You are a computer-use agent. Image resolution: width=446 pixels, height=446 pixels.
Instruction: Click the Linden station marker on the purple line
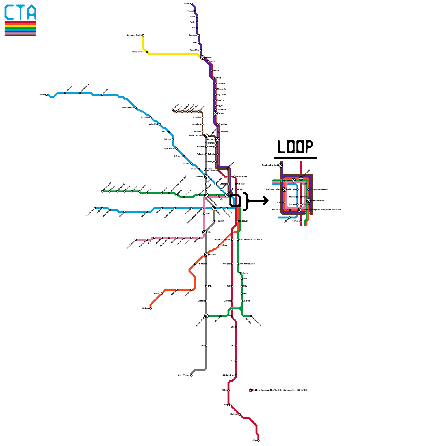tap(191, 4)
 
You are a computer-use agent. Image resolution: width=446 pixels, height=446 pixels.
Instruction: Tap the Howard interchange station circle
tap(202, 57)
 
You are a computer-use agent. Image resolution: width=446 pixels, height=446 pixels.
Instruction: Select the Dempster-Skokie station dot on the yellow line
tap(143, 35)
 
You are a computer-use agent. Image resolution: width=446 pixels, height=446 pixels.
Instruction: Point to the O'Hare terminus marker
tap(47, 95)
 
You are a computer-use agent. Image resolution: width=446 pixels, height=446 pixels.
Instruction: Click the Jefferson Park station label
tap(128, 108)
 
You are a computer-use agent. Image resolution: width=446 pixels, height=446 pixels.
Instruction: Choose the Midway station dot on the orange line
tap(151, 308)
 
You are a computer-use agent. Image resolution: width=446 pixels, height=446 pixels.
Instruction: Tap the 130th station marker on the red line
tap(258, 440)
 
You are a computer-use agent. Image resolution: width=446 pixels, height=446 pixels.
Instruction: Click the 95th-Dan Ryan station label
tap(228, 375)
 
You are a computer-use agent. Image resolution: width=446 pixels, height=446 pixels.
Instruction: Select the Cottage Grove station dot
tap(251, 316)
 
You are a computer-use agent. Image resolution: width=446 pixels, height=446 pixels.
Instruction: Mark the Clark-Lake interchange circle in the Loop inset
tap(294, 180)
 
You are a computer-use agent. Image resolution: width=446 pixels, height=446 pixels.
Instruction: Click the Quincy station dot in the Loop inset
tap(284, 202)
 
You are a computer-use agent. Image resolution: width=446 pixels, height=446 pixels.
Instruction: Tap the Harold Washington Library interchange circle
tap(299, 210)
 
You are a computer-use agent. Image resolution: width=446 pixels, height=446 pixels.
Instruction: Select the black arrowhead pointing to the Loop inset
tap(266, 201)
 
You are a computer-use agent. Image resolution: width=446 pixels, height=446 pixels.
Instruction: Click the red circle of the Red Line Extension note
tap(251, 390)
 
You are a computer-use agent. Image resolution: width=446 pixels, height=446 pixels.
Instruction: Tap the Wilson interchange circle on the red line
tap(215, 113)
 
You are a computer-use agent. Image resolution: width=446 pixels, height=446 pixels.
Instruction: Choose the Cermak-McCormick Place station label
tap(250, 240)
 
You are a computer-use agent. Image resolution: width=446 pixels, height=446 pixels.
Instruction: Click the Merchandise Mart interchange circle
tap(280, 165)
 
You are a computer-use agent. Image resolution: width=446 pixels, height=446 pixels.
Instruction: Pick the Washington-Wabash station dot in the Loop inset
tap(308, 190)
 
